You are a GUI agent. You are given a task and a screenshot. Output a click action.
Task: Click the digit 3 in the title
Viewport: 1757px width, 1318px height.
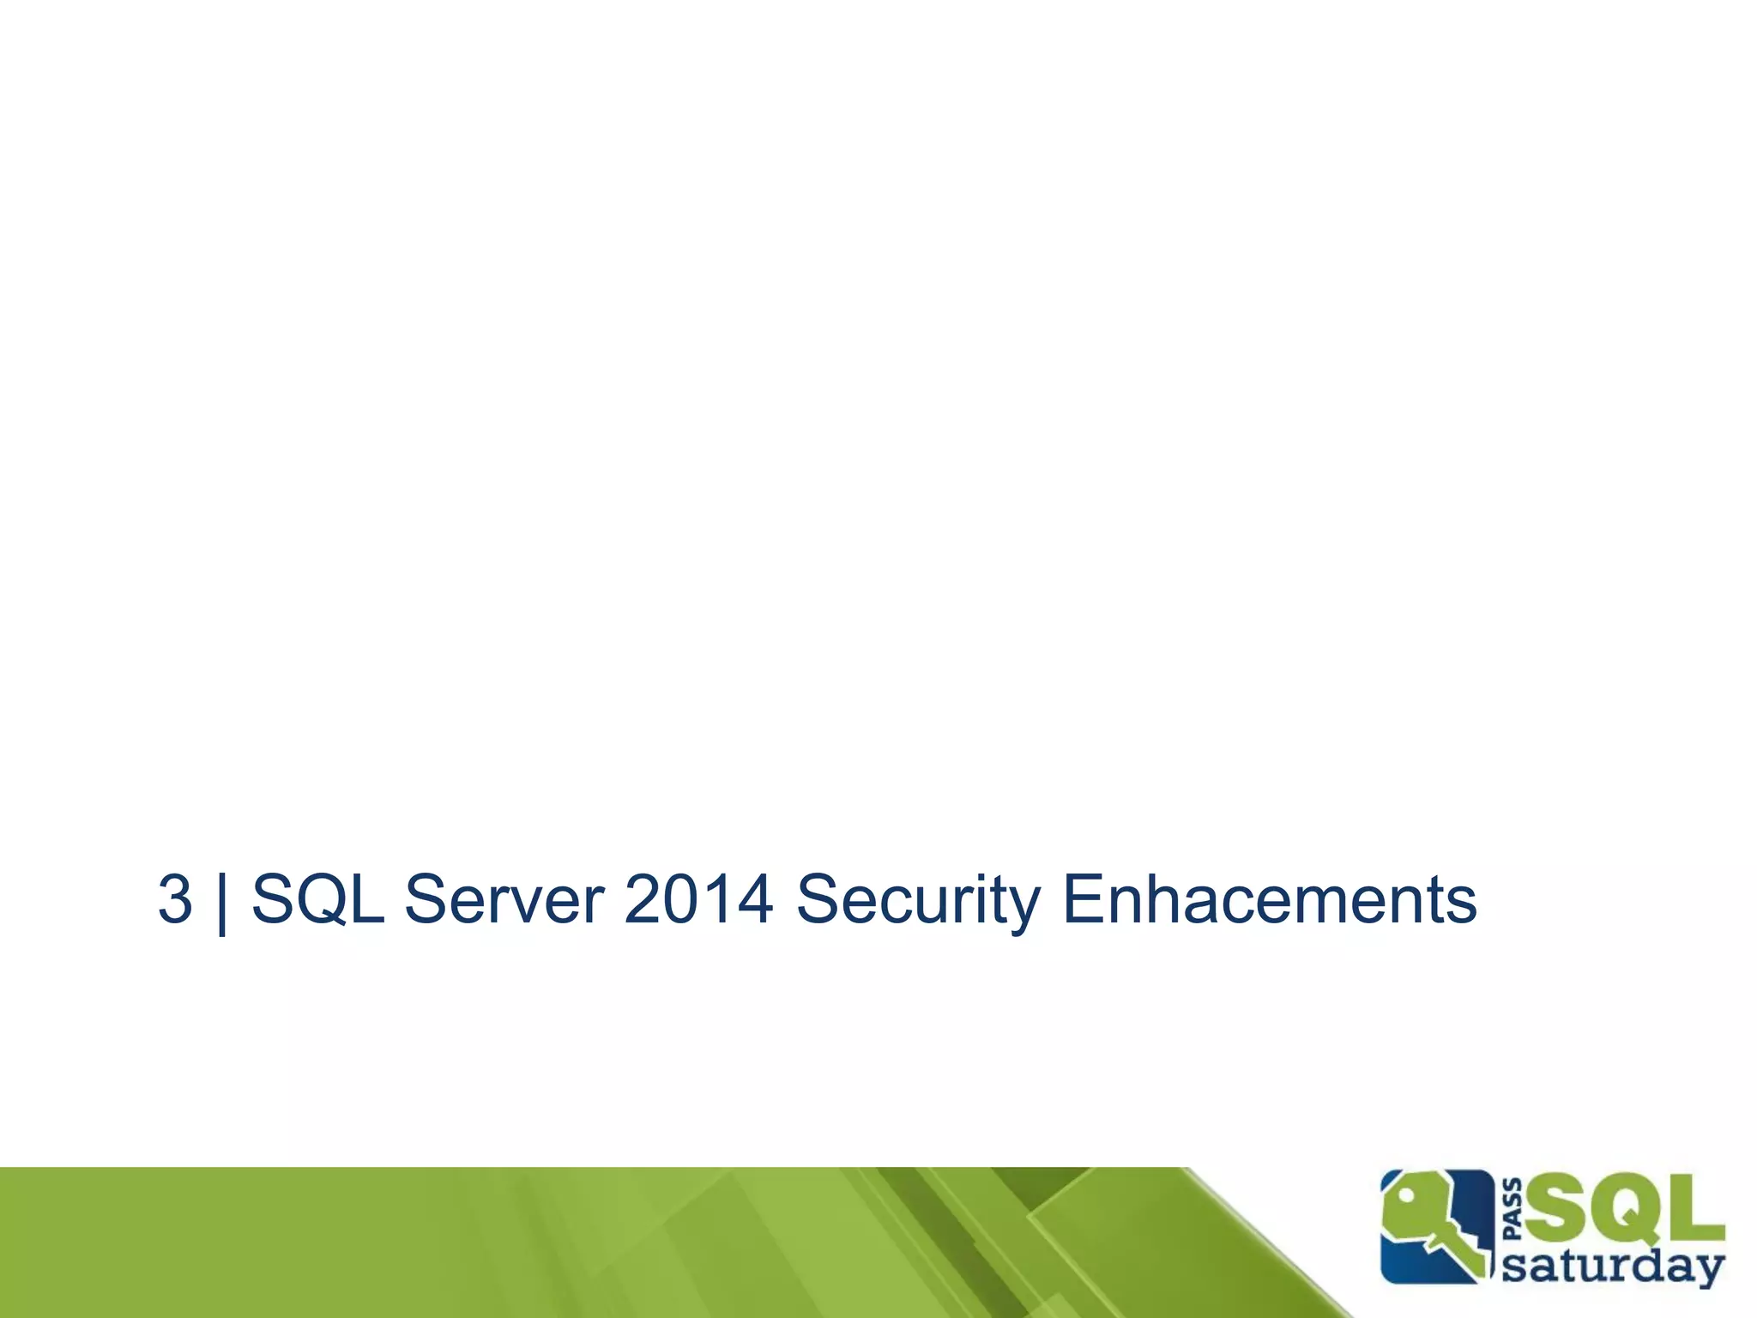[x=175, y=899]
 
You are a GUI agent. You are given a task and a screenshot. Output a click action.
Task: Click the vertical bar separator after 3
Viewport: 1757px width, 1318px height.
[x=223, y=901]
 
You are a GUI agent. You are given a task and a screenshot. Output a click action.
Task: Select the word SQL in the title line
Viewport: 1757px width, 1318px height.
[x=317, y=899]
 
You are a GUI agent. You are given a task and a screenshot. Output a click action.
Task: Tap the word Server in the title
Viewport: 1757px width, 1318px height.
[x=504, y=899]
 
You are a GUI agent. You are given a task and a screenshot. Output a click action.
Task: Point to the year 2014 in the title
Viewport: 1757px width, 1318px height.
[x=698, y=899]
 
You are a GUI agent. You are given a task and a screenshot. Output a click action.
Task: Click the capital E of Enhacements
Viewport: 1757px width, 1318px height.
[x=1083, y=899]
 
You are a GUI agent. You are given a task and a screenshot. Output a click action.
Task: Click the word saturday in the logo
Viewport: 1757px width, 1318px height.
[x=1613, y=1267]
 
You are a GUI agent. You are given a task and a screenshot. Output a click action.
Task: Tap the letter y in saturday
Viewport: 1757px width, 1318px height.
[x=1709, y=1271]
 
